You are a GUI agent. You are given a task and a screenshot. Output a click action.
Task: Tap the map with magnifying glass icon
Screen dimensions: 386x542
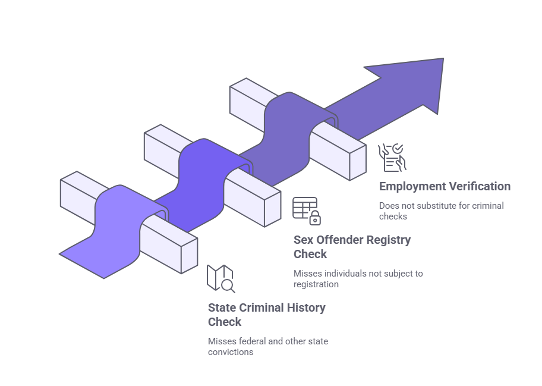pyautogui.click(x=220, y=278)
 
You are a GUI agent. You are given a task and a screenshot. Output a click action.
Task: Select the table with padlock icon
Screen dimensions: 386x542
pyautogui.click(x=306, y=211)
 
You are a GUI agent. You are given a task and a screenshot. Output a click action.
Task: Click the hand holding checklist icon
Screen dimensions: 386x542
pyautogui.click(x=392, y=156)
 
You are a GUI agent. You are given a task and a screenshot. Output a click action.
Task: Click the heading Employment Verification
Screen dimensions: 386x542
pyautogui.click(x=445, y=186)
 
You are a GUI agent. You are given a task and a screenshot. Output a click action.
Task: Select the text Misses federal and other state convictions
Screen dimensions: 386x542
pyautogui.click(x=267, y=347)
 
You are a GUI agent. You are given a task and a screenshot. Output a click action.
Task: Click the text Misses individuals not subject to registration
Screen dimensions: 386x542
pyautogui.click(x=358, y=279)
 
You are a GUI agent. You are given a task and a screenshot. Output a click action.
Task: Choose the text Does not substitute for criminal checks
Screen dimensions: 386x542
pyautogui.click(x=441, y=211)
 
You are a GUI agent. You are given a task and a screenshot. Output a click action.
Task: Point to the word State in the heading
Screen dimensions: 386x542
pyautogui.click(x=222, y=308)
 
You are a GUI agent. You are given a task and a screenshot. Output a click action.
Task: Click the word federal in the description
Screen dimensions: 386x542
pyautogui.click(x=248, y=341)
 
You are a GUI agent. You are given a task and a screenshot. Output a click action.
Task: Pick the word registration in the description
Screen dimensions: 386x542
pyautogui.click(x=316, y=284)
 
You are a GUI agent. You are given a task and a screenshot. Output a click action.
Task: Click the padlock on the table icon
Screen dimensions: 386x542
pyautogui.click(x=315, y=218)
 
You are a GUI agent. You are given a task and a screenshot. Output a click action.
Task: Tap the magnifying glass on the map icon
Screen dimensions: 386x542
pyautogui.click(x=228, y=286)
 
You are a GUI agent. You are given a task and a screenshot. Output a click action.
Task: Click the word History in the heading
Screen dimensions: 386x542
pyautogui.click(x=307, y=308)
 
